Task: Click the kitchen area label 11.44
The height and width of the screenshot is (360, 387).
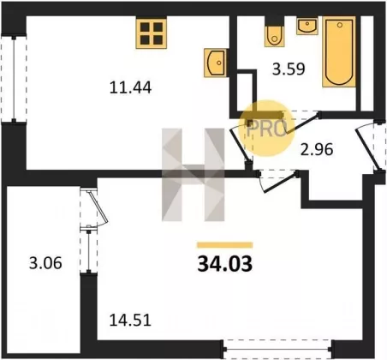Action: [130, 87]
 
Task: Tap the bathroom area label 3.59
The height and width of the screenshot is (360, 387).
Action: [289, 69]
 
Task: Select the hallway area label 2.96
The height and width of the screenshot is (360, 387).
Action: [317, 149]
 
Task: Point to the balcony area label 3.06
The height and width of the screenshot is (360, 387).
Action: [45, 263]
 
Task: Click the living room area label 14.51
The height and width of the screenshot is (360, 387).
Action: [130, 321]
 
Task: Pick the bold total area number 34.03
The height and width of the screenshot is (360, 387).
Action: [225, 264]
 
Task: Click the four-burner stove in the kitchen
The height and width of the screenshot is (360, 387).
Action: [152, 33]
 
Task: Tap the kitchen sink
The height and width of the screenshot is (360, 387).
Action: [216, 63]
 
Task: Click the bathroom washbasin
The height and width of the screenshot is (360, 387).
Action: [307, 26]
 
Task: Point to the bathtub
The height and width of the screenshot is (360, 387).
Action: [339, 51]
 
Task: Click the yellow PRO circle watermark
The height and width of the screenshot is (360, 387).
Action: [266, 129]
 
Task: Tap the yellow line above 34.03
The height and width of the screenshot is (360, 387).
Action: [225, 245]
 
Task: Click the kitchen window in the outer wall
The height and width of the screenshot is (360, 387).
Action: [14, 79]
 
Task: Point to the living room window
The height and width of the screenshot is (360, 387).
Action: [278, 349]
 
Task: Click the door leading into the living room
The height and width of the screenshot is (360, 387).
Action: [277, 181]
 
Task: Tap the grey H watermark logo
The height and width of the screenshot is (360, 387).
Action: [193, 175]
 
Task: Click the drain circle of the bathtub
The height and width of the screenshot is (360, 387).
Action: [339, 25]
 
